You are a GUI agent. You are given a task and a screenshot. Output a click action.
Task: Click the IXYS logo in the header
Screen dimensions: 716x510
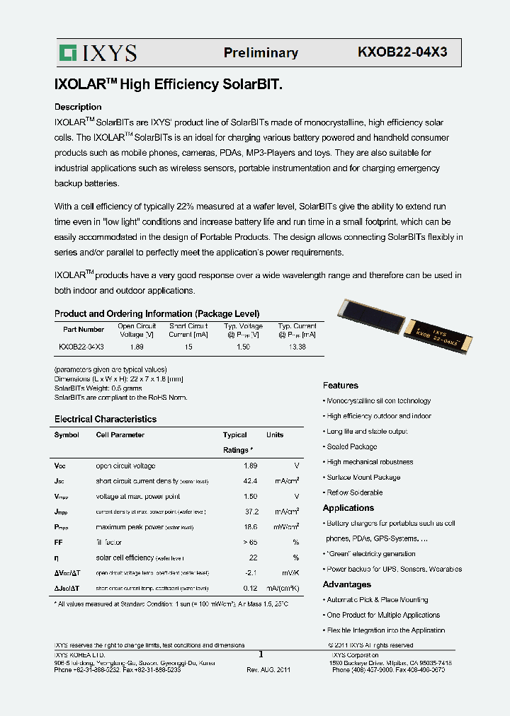pos(98,53)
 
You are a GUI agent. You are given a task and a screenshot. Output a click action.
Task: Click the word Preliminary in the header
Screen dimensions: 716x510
pos(261,53)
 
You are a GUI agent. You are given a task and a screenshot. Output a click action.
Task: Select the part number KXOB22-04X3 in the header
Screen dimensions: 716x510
pos(402,52)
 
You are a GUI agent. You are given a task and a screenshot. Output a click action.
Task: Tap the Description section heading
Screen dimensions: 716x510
pos(78,107)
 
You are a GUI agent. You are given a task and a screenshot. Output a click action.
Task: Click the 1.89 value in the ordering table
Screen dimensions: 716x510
pos(137,347)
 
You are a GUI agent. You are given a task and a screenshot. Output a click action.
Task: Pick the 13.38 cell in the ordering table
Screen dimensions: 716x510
pos(297,347)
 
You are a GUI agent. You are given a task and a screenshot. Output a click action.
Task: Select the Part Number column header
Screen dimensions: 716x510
pos(84,329)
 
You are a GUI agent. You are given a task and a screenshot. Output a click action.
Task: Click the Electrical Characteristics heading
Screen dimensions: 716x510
pos(106,419)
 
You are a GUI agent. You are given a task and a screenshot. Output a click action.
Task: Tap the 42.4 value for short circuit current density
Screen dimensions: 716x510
pos(249,481)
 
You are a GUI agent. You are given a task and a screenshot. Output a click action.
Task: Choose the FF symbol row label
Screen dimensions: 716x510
pos(59,542)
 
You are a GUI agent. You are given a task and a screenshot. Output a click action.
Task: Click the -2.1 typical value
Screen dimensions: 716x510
pos(249,572)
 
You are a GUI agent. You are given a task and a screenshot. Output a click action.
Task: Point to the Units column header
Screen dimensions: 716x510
pos(275,435)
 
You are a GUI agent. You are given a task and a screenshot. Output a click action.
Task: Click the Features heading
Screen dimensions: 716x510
pos(341,386)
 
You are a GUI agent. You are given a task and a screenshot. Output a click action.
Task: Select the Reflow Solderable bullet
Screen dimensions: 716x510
pos(354,492)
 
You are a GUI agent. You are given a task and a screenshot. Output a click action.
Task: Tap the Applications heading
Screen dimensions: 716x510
pos(348,508)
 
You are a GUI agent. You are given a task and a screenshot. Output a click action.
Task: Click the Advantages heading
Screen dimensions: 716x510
pos(347,584)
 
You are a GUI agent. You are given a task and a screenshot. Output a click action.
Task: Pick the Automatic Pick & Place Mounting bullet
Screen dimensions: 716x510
pos(377,600)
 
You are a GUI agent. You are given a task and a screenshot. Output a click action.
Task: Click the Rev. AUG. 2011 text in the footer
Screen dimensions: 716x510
pos(268,669)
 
